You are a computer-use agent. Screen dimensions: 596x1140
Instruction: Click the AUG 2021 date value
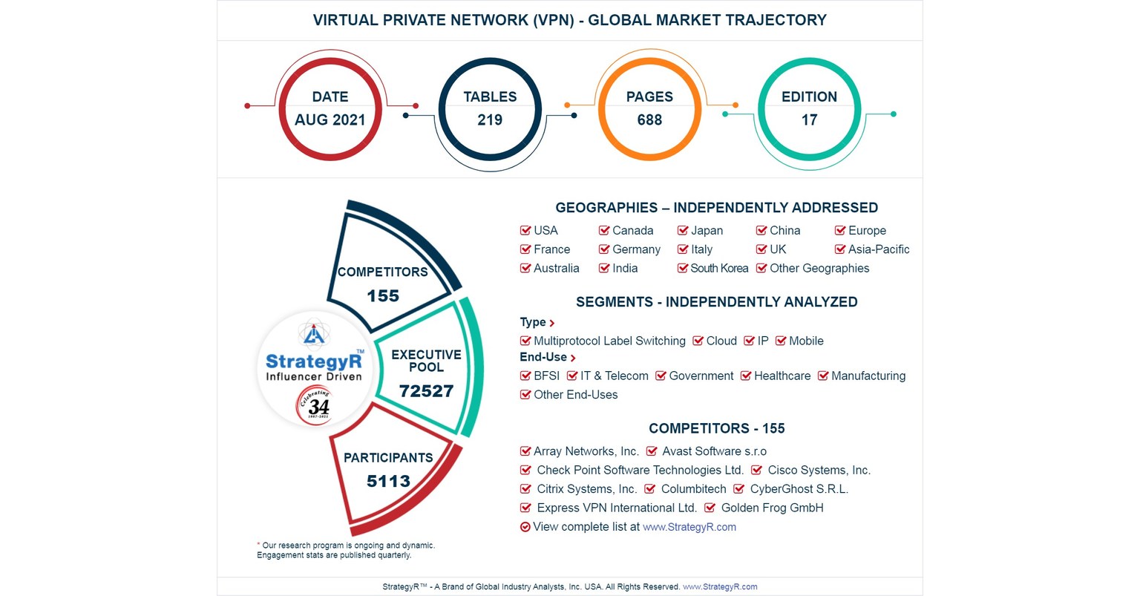[x=330, y=119]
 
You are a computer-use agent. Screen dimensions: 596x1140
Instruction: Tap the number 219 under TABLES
[x=490, y=119]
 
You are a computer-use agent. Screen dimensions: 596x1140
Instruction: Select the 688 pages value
[x=649, y=119]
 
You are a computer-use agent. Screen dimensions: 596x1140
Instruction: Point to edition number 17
[x=809, y=119]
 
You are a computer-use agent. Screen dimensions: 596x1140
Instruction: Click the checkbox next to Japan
[x=683, y=231]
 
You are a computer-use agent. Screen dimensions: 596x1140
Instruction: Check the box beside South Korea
[x=683, y=269]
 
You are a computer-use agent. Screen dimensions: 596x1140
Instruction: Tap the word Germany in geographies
[x=636, y=249]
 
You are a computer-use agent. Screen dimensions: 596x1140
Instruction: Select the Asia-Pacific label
[x=879, y=249]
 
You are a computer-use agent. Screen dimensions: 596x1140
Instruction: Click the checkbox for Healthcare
[x=746, y=376]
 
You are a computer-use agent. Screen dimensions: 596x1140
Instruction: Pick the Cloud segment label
[x=721, y=341]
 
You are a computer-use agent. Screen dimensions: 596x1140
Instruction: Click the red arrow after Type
[x=552, y=323]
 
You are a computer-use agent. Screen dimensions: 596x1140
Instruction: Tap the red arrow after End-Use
[x=573, y=358]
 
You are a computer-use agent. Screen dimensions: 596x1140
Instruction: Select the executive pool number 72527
[x=426, y=391]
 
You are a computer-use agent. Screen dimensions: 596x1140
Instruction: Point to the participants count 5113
[x=388, y=481]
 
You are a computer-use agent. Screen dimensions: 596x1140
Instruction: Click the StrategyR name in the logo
[x=314, y=361]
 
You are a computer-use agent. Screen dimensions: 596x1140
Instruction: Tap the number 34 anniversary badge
[x=318, y=406]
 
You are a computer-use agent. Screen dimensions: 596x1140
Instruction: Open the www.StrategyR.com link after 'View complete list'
[x=689, y=527]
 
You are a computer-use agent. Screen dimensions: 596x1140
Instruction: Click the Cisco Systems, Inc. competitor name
[x=819, y=470]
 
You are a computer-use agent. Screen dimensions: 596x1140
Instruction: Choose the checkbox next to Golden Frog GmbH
[x=710, y=508]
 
